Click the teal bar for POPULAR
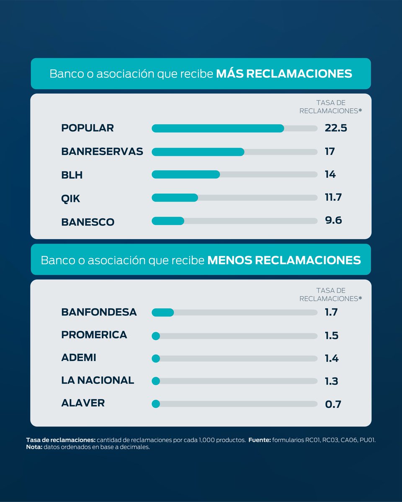click(x=218, y=128)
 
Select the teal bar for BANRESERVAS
click(x=198, y=151)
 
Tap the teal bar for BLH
click(x=186, y=174)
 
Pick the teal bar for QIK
click(x=175, y=197)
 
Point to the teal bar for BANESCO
click(x=168, y=220)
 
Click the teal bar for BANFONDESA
click(x=162, y=312)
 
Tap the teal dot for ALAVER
click(x=156, y=404)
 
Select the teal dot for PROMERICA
click(x=156, y=336)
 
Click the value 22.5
click(x=336, y=128)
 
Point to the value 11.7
click(x=333, y=197)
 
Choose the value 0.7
click(x=333, y=404)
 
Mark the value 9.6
click(x=333, y=220)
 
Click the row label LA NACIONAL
click(x=98, y=380)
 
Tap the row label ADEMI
click(x=79, y=358)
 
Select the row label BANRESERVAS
click(x=102, y=151)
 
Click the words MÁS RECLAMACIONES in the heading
click(x=284, y=74)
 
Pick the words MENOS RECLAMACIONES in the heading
click(x=284, y=260)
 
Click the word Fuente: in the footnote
click(x=260, y=441)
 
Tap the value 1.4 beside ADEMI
click(x=332, y=359)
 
